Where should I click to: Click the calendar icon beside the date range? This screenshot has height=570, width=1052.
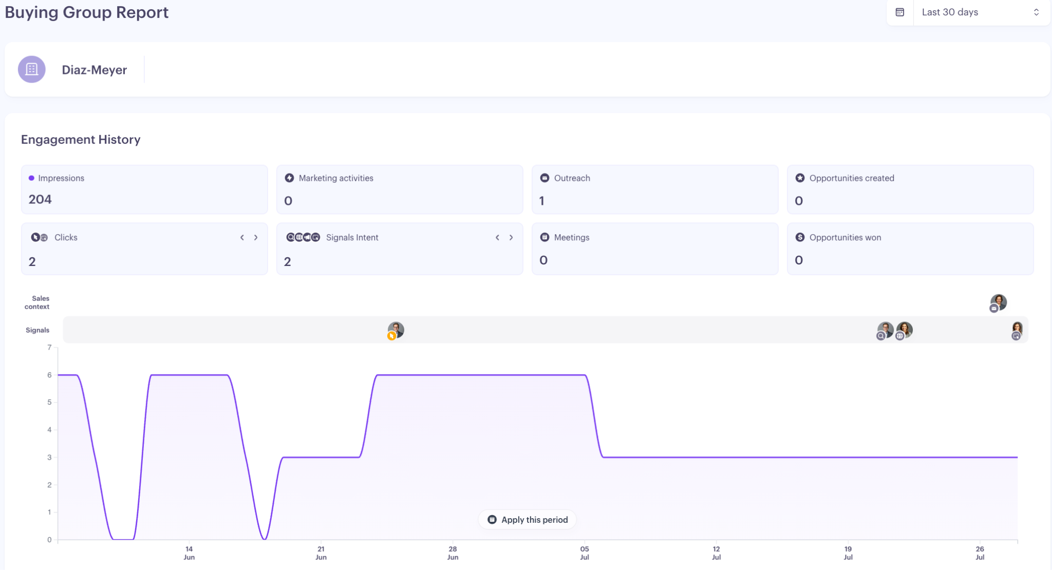click(x=900, y=12)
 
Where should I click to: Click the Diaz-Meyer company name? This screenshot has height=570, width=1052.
click(x=95, y=70)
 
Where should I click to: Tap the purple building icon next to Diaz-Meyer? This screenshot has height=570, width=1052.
click(x=32, y=69)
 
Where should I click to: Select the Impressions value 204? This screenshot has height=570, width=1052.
click(x=40, y=199)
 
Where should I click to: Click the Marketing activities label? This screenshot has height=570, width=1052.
click(x=336, y=178)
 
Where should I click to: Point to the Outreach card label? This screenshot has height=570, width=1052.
click(x=572, y=178)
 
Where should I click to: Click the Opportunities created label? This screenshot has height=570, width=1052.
click(x=852, y=178)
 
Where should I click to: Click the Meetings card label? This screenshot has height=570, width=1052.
click(x=572, y=237)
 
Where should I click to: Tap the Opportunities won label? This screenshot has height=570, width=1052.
click(x=845, y=237)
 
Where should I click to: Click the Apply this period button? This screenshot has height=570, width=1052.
click(x=528, y=520)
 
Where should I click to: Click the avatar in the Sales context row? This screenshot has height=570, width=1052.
click(x=998, y=302)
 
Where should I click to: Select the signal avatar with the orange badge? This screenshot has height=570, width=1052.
click(x=396, y=331)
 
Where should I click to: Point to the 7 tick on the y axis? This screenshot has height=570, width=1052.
click(x=49, y=348)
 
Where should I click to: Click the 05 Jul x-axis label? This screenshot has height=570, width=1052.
click(x=585, y=553)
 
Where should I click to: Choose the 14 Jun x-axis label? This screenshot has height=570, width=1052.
click(x=189, y=553)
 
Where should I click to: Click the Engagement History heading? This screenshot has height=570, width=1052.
click(x=81, y=140)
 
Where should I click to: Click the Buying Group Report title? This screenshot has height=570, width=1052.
click(x=87, y=12)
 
